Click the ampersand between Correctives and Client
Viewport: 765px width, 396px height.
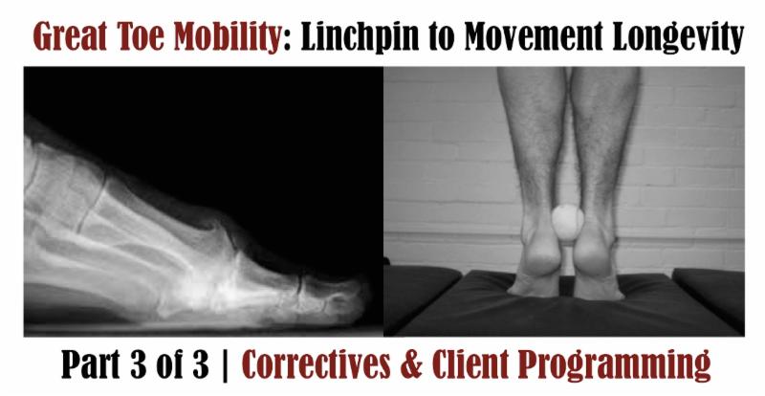tap(450, 364)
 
